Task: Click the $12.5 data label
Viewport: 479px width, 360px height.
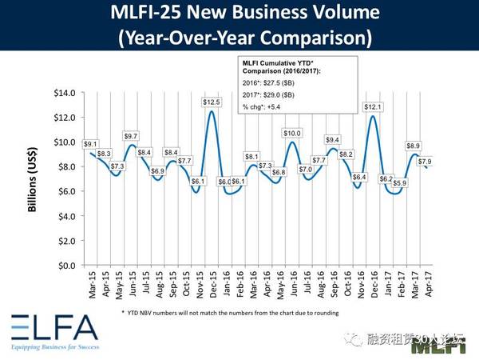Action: tap(211, 102)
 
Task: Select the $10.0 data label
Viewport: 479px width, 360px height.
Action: tap(294, 133)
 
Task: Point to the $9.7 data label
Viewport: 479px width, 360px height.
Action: tap(132, 136)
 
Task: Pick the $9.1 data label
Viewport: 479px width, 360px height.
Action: tap(91, 144)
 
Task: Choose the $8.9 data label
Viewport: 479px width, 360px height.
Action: tap(414, 146)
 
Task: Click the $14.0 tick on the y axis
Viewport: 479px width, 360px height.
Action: tap(65, 93)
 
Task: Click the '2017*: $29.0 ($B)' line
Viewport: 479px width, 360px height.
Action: tap(277, 95)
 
